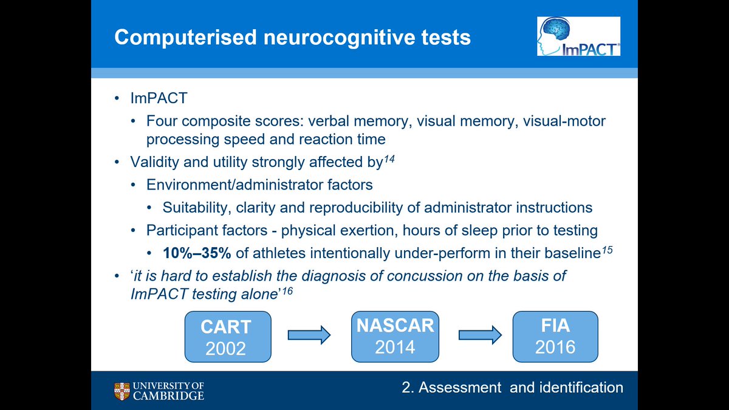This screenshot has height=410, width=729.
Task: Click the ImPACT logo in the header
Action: [x=578, y=36]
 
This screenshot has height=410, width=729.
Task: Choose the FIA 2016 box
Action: [x=555, y=335]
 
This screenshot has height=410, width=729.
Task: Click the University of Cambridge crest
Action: [x=122, y=392]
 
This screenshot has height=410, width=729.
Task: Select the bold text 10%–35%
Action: [x=193, y=253]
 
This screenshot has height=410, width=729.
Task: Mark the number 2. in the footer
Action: [x=408, y=388]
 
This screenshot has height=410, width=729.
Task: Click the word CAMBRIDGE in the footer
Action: [x=174, y=396]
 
